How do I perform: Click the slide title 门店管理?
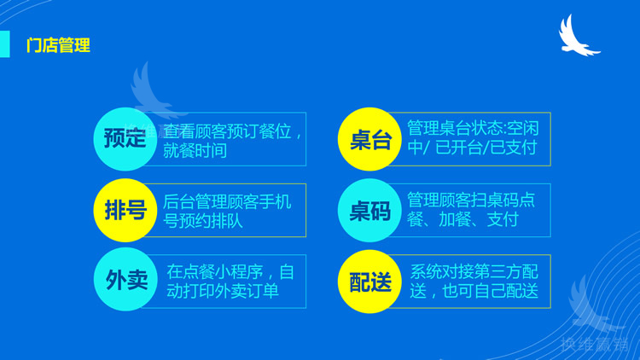(58, 45)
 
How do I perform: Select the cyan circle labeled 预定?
(125, 139)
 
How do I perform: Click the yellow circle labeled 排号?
(125, 210)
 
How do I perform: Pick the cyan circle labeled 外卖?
(125, 280)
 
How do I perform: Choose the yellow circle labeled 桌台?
(370, 139)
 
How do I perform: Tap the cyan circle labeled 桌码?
(370, 210)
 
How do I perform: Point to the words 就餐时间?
(195, 151)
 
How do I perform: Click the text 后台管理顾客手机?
(227, 201)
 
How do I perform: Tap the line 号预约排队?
(203, 220)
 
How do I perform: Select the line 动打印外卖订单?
(223, 291)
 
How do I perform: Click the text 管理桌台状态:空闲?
(473, 128)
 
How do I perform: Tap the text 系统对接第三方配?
(474, 271)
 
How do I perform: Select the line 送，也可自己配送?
(474, 291)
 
